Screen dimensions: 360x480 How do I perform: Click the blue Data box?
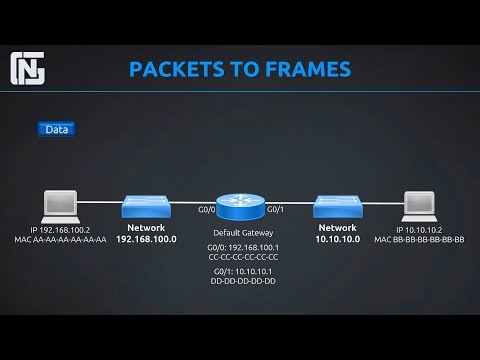[x=57, y=129]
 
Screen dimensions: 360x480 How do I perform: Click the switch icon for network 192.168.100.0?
[x=146, y=207]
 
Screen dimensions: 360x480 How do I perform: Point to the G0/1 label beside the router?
[x=276, y=209]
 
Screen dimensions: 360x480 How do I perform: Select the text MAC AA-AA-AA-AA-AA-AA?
[x=60, y=240]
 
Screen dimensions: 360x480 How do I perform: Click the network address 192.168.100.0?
[x=146, y=240]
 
